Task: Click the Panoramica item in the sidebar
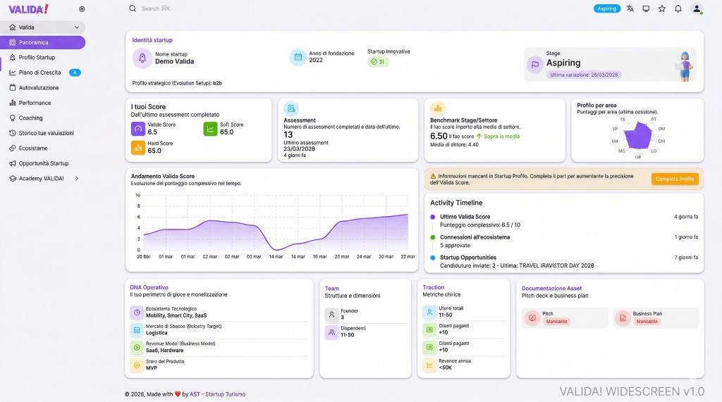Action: pyautogui.click(x=34, y=42)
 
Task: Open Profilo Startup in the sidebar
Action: pyautogui.click(x=37, y=58)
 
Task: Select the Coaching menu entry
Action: pyautogui.click(x=30, y=118)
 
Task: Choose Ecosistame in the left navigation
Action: pyautogui.click(x=33, y=149)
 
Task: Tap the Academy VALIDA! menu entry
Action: pyautogui.click(x=41, y=179)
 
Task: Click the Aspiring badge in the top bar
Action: pyautogui.click(x=606, y=8)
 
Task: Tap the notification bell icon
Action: pyautogui.click(x=678, y=8)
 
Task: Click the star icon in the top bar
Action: pyautogui.click(x=662, y=8)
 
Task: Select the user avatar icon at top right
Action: pyautogui.click(x=697, y=8)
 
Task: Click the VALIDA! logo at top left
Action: pyautogui.click(x=28, y=8)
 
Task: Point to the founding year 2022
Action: pyautogui.click(x=316, y=61)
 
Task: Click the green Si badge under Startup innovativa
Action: pyautogui.click(x=378, y=62)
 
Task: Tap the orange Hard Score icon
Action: pyautogui.click(x=137, y=147)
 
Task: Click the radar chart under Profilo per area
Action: pyautogui.click(x=637, y=134)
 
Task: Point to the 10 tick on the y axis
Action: pyautogui.click(x=137, y=195)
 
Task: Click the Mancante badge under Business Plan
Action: pyautogui.click(x=647, y=321)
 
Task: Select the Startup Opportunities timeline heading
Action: pyautogui.click(x=467, y=258)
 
